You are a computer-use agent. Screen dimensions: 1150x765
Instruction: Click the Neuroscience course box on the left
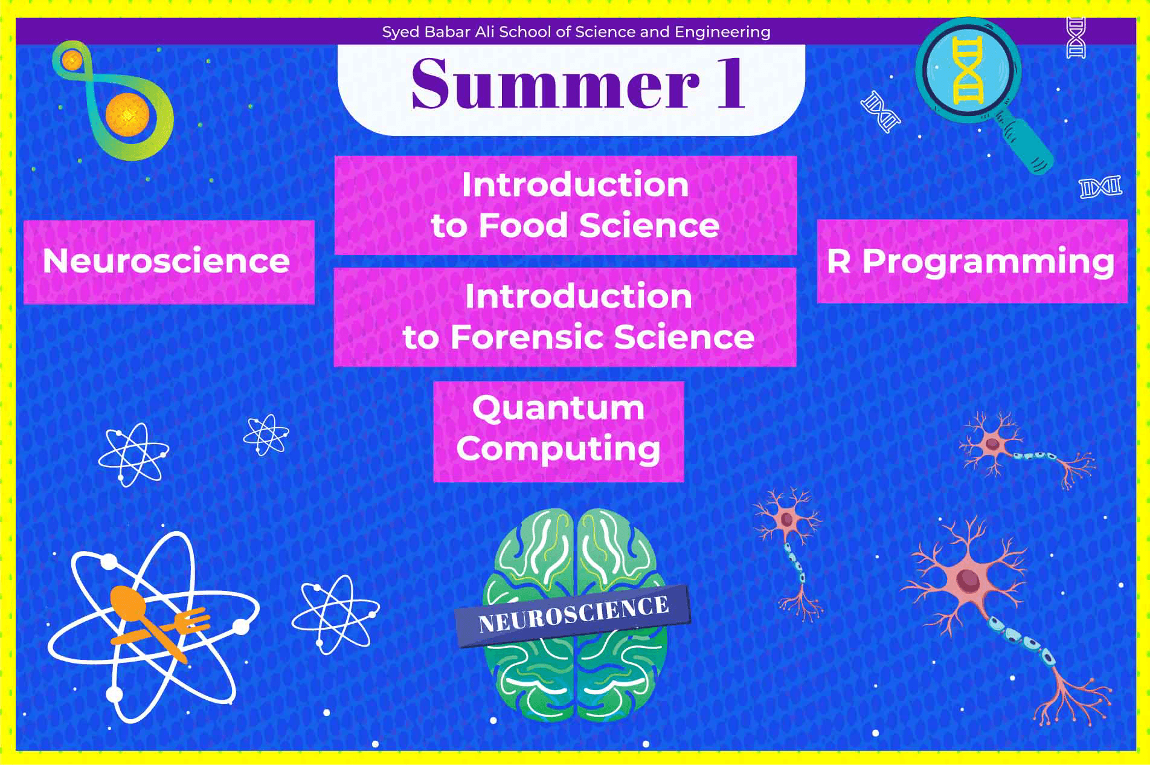(169, 262)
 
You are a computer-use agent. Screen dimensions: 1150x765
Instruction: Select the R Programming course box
(972, 261)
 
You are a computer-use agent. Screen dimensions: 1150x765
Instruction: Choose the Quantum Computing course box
(559, 431)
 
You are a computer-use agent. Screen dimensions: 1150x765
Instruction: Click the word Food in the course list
(524, 225)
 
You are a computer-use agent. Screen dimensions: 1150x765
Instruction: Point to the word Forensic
(528, 337)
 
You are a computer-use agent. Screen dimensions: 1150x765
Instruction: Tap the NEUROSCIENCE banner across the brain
(573, 615)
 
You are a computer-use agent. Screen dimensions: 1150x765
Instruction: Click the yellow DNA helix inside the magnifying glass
(968, 70)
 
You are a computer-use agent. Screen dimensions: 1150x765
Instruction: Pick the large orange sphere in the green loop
(127, 115)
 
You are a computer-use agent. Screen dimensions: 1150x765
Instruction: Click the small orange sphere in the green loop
(72, 59)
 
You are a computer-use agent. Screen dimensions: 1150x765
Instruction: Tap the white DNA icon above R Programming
(1100, 187)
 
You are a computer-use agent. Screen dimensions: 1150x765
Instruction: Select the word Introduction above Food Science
(575, 184)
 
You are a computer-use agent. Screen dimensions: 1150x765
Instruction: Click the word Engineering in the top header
(722, 33)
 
